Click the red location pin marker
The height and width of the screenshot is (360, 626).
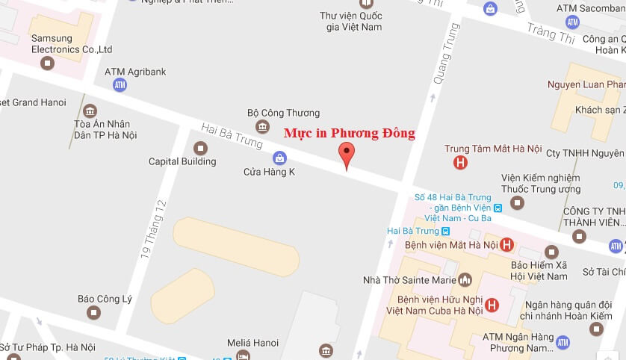(x=346, y=153)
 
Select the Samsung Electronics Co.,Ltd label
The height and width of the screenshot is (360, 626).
(x=72, y=43)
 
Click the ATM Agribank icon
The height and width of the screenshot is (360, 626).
(x=120, y=85)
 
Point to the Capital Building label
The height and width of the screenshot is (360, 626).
(x=182, y=161)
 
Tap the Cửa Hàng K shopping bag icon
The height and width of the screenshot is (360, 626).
(x=279, y=158)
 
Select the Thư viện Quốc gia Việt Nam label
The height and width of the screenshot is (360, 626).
(x=350, y=21)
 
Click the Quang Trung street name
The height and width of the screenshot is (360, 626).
(x=447, y=52)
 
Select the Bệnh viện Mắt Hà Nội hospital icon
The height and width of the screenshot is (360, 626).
(x=506, y=244)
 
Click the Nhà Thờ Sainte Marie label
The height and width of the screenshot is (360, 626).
(x=409, y=280)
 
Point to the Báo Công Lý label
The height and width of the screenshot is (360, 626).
(x=105, y=299)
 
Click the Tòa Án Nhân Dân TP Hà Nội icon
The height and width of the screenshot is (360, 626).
(x=90, y=111)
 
